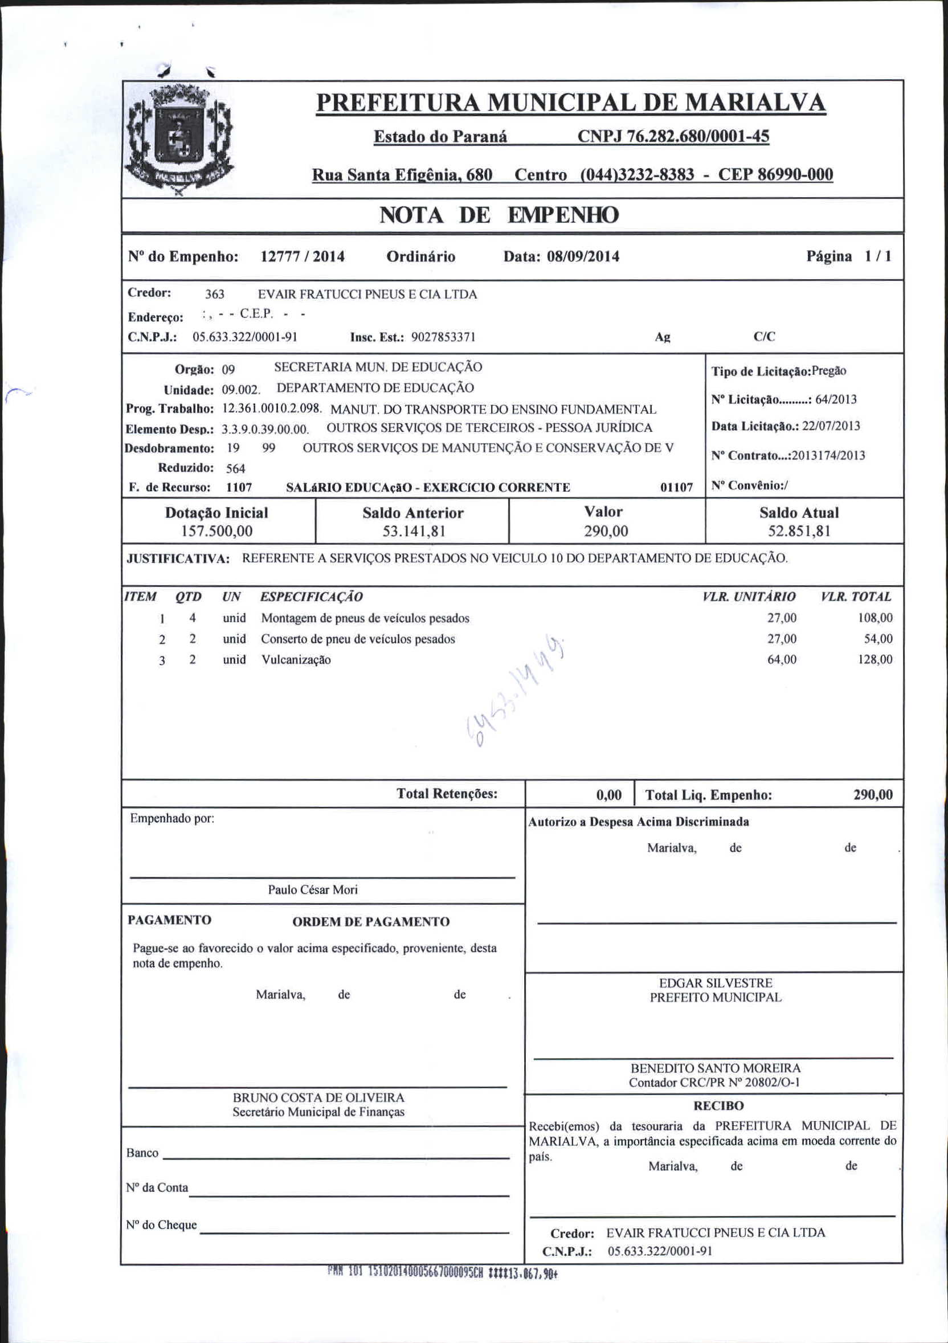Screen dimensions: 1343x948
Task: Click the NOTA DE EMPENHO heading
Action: coord(498,215)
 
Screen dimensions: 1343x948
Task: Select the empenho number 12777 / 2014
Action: coord(303,257)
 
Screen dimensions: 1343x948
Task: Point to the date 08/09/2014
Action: coord(582,257)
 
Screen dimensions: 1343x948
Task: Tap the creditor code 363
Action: coord(215,294)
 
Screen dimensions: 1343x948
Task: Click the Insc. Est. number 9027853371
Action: coord(443,337)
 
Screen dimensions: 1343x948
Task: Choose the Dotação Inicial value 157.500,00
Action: coord(217,531)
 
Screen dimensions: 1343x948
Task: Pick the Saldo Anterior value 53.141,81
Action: coord(413,531)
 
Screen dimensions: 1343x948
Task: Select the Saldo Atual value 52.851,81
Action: coord(799,531)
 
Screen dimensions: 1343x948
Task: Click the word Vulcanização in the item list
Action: coord(296,660)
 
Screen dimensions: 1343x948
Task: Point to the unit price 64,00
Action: coord(782,660)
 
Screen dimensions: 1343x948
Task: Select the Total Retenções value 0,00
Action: coord(609,795)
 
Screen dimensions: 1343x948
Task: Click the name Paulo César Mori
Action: coord(313,889)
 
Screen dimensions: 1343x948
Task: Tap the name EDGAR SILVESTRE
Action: coord(715,983)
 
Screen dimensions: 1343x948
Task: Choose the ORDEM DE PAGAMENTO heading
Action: coord(371,922)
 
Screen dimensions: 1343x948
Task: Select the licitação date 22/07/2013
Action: coord(831,426)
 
